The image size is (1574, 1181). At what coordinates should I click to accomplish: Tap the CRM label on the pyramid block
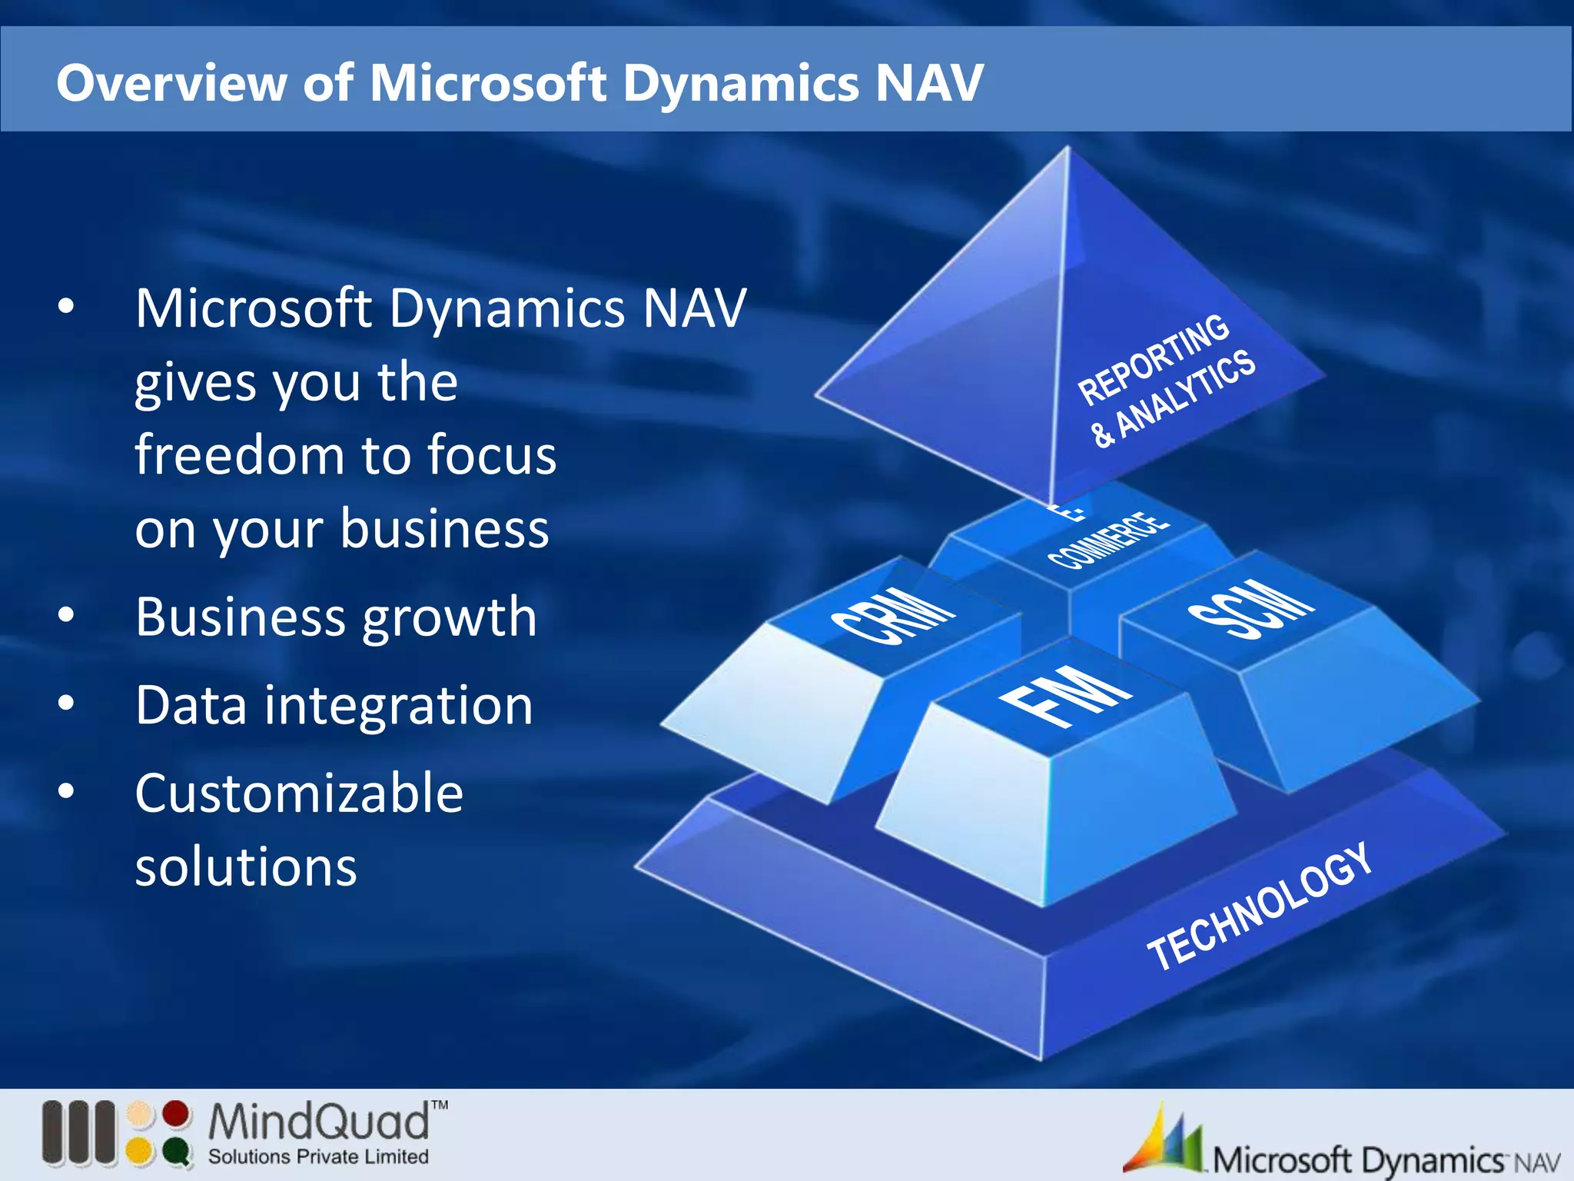coord(894,614)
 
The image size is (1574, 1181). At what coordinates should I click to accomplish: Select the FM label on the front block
coord(1064,695)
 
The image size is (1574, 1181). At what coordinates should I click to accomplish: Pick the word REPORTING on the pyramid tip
coord(1153,359)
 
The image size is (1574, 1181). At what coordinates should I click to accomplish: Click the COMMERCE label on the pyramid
coord(1109,541)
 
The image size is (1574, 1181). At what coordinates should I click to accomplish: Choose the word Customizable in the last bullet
coord(299,793)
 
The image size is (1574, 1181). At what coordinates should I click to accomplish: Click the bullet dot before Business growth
coord(66,615)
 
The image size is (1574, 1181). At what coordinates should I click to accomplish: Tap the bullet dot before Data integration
coord(66,703)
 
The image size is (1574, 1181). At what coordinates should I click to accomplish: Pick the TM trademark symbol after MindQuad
coord(439,1106)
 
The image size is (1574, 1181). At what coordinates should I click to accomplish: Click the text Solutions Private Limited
coord(318,1156)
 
